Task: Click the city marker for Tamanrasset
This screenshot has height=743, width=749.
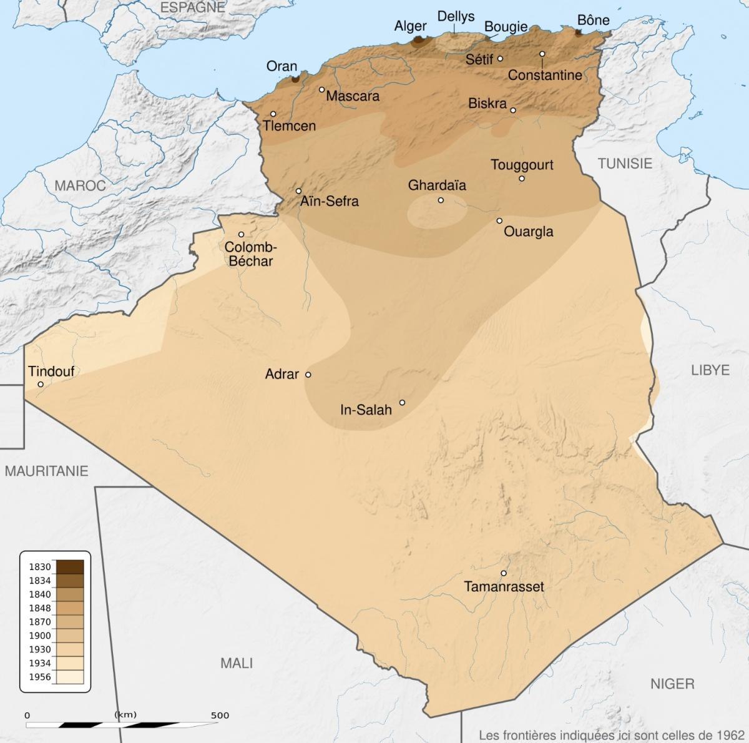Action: [504, 573]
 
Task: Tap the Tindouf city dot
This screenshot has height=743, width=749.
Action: [41, 385]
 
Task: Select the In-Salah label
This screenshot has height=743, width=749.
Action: [366, 410]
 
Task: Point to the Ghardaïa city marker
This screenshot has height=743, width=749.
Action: [441, 200]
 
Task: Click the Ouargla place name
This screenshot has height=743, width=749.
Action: [528, 232]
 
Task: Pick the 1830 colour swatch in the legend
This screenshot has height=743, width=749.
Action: [70, 567]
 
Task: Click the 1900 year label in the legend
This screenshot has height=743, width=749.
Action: [40, 636]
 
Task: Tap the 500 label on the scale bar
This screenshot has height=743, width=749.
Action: [220, 715]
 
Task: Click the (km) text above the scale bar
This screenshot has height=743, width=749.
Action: [125, 714]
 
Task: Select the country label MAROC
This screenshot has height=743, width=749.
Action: [80, 185]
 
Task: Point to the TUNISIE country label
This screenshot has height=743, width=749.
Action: [625, 164]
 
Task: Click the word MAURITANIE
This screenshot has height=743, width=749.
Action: [47, 471]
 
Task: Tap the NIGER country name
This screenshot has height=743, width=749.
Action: [672, 684]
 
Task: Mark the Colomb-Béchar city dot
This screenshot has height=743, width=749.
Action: [241, 235]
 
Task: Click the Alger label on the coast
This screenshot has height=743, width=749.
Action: [411, 26]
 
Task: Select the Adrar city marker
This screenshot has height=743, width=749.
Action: [308, 375]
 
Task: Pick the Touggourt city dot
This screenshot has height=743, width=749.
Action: [522, 179]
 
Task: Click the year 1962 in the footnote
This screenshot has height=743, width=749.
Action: [730, 734]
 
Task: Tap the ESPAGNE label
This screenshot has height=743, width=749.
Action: [192, 7]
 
